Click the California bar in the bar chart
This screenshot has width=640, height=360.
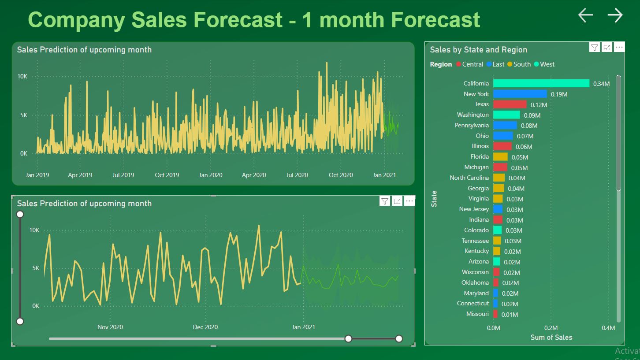point(541,83)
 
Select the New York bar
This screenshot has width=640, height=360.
point(520,94)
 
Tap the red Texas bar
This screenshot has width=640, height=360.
point(510,104)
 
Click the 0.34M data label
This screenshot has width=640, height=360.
point(601,84)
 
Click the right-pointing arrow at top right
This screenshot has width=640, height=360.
point(615,15)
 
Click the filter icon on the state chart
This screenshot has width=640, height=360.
point(595,48)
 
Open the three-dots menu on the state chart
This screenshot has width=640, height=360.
point(619,48)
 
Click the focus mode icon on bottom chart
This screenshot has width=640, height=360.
point(397,201)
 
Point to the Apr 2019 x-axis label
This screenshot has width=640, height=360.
point(80,175)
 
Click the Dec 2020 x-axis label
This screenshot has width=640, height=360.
point(205,327)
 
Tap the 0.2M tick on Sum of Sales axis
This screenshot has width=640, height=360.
point(551,328)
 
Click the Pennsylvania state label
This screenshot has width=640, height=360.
point(472,126)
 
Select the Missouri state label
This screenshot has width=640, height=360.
point(477,314)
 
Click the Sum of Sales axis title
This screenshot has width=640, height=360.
point(551,338)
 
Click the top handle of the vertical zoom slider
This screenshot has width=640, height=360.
point(20,214)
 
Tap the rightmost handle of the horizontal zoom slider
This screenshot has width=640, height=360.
point(399,338)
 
